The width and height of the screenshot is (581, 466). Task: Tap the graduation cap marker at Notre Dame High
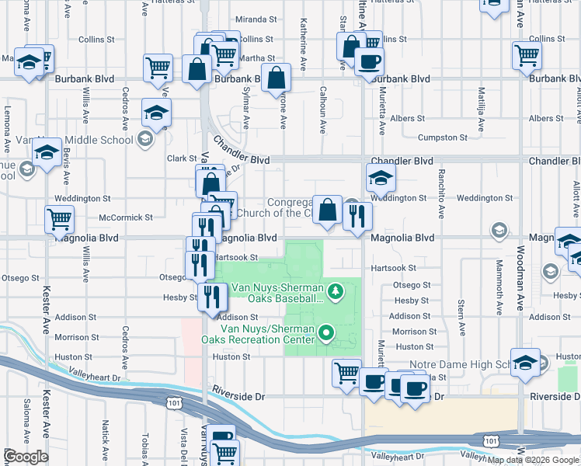tap(526, 363)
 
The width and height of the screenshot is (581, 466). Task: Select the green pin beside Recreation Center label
tap(327, 334)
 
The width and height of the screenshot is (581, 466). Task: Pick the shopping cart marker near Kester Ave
tap(59, 220)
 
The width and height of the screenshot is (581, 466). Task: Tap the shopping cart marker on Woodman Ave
tap(527, 55)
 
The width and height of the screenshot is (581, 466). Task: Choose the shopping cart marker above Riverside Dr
tap(346, 373)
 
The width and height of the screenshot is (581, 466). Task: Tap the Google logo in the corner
tap(26, 457)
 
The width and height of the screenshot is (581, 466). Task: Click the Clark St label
tap(181, 158)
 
